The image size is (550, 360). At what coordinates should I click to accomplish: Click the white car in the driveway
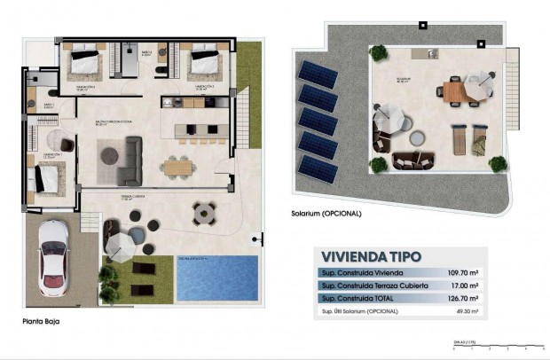pyautogui.click(x=54, y=257)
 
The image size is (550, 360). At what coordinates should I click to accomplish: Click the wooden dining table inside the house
pyautogui.click(x=177, y=165)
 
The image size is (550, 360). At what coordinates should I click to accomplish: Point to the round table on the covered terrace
pyautogui.click(x=205, y=212)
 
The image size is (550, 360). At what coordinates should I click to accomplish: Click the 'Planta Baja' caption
pyautogui.click(x=42, y=322)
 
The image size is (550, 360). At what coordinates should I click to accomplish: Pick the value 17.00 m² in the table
pyautogui.click(x=463, y=286)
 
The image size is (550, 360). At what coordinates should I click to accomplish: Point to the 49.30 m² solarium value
pyautogui.click(x=463, y=311)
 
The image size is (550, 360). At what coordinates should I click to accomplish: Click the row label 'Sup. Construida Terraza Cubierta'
pyautogui.click(x=374, y=286)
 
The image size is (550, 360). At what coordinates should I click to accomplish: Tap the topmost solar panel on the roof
pyautogui.click(x=312, y=72)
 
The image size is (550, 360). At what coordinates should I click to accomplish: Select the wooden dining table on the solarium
pyautogui.click(x=453, y=90)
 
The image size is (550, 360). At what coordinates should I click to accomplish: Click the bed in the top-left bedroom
pyautogui.click(x=86, y=63)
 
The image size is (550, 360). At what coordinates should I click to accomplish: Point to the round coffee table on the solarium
pyautogui.click(x=416, y=140)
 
